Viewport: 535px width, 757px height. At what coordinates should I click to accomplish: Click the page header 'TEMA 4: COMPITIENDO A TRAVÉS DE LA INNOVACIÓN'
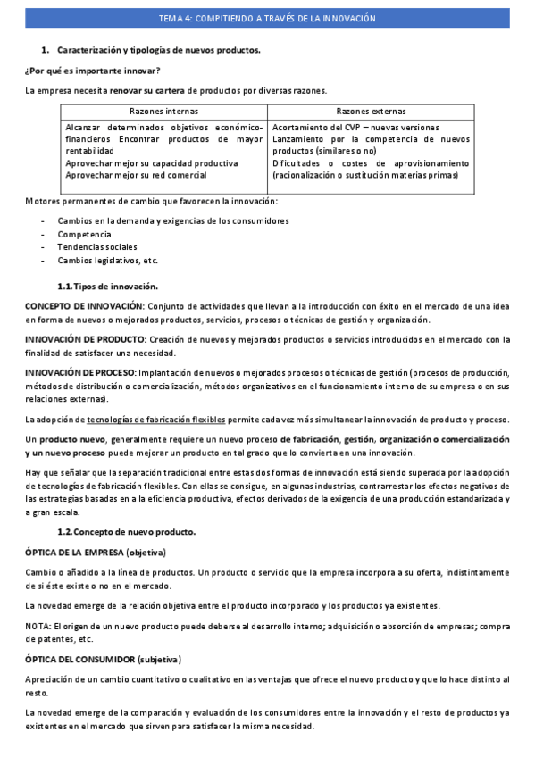pos(267,18)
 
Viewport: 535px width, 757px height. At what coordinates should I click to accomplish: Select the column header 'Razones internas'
pos(163,112)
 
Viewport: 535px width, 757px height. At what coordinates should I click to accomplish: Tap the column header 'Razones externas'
pos(371,112)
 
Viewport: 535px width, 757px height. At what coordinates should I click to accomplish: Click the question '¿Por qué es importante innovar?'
pos(93,70)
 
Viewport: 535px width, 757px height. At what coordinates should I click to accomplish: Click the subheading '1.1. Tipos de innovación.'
pos(107,286)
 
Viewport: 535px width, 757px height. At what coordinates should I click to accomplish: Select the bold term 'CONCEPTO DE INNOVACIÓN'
pos(84,306)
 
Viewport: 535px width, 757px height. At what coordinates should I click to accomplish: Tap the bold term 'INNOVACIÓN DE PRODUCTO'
pos(85,339)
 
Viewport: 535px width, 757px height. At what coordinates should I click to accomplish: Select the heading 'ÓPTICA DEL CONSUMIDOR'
pos(79,659)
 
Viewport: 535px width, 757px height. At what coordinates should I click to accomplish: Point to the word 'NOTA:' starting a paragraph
pos(38,626)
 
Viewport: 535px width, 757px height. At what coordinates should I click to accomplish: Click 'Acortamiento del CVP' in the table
pos(316,128)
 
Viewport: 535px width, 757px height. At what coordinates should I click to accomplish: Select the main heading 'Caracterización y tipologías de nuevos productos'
pos(158,51)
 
